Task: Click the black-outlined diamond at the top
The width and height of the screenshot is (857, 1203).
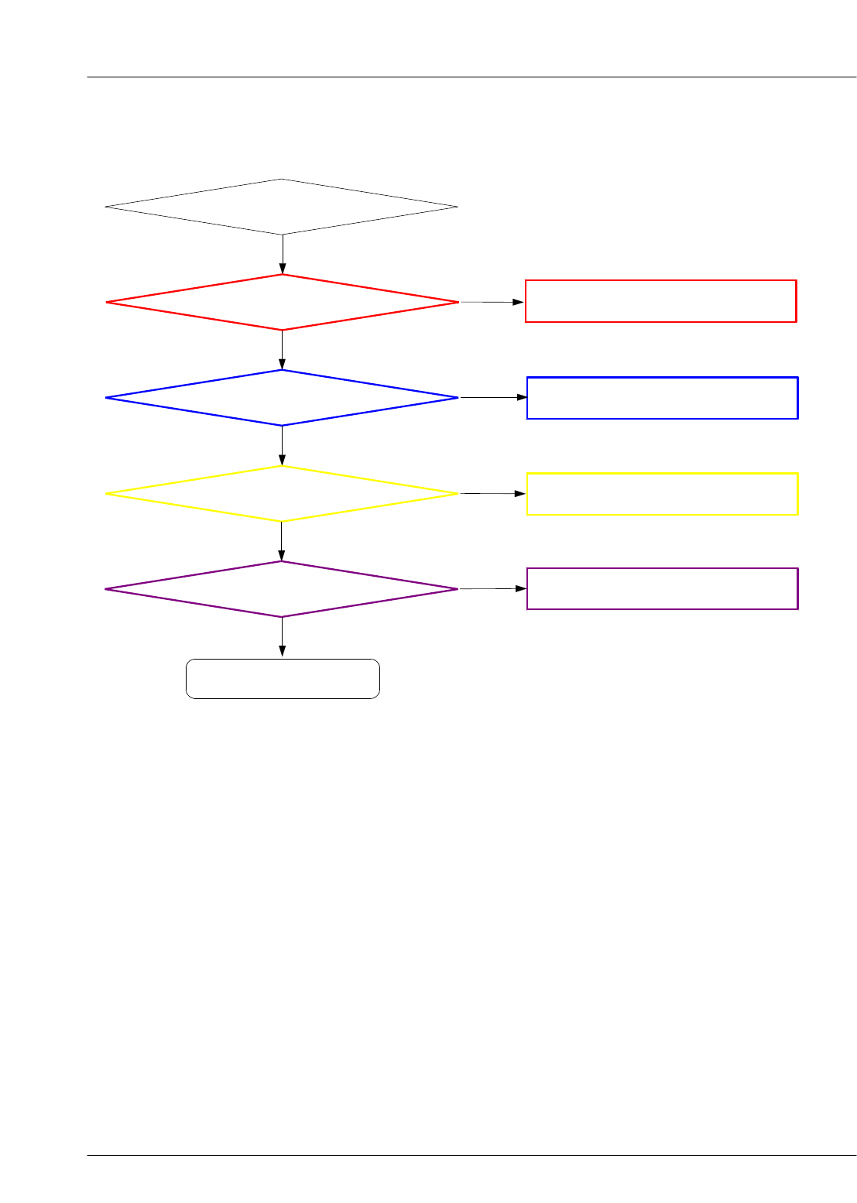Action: pyautogui.click(x=282, y=207)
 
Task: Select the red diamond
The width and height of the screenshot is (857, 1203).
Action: pyautogui.click(x=282, y=302)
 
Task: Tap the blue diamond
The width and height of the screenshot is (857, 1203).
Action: pyautogui.click(x=282, y=397)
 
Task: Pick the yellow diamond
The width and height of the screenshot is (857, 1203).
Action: pyautogui.click(x=282, y=493)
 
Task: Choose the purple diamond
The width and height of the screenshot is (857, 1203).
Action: pyautogui.click(x=282, y=589)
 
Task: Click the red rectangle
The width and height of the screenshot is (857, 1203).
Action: pyautogui.click(x=660, y=301)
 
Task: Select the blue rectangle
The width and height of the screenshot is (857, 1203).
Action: pyautogui.click(x=662, y=398)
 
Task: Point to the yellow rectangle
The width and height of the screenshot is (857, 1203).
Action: pyautogui.click(x=662, y=493)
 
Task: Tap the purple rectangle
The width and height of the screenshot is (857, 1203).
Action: pyautogui.click(x=662, y=588)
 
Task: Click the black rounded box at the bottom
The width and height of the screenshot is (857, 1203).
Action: pyautogui.click(x=283, y=679)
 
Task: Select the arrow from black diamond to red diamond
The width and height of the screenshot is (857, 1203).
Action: pyautogui.click(x=283, y=254)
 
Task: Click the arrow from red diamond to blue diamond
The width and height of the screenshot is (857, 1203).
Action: pyautogui.click(x=283, y=350)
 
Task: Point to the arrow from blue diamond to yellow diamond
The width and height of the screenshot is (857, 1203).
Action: pyautogui.click(x=283, y=445)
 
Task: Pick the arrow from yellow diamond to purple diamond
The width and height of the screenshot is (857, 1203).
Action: pyautogui.click(x=282, y=541)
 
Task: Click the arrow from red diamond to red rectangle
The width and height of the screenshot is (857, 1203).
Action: pyautogui.click(x=492, y=302)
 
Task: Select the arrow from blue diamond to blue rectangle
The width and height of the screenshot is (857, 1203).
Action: pyautogui.click(x=493, y=397)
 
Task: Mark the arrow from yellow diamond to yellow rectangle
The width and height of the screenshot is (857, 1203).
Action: pyautogui.click(x=493, y=493)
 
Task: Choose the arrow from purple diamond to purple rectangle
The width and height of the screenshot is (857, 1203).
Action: pyautogui.click(x=493, y=588)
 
